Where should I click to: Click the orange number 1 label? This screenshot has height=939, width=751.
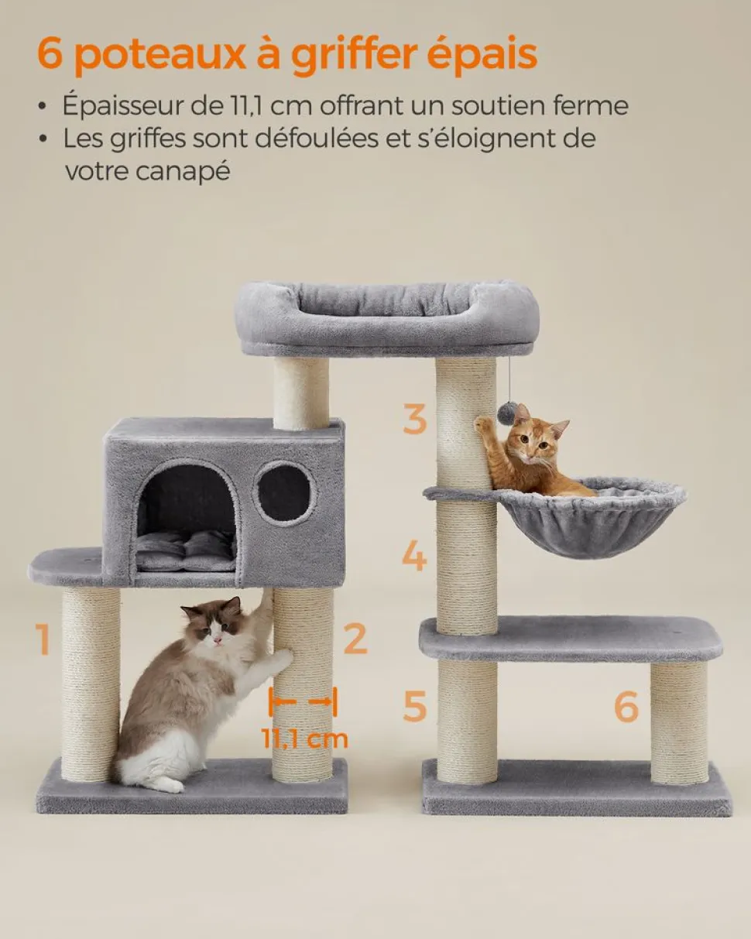(43, 639)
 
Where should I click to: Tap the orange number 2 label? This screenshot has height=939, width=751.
(355, 639)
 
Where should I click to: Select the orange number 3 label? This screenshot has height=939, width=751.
(414, 419)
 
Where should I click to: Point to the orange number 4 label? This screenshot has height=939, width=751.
(414, 556)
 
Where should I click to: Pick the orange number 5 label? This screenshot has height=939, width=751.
(414, 706)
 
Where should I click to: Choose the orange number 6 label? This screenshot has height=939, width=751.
(626, 706)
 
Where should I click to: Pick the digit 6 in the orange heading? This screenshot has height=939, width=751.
(50, 53)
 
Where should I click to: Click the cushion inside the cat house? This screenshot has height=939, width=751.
(187, 553)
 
